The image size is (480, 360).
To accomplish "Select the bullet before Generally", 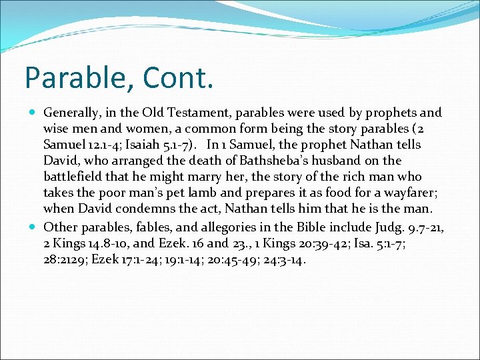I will [x=34, y=113].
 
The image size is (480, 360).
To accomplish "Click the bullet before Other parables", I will [x=34, y=226].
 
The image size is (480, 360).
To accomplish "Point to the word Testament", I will [x=184, y=113].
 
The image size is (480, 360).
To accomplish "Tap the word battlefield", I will [x=75, y=177].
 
